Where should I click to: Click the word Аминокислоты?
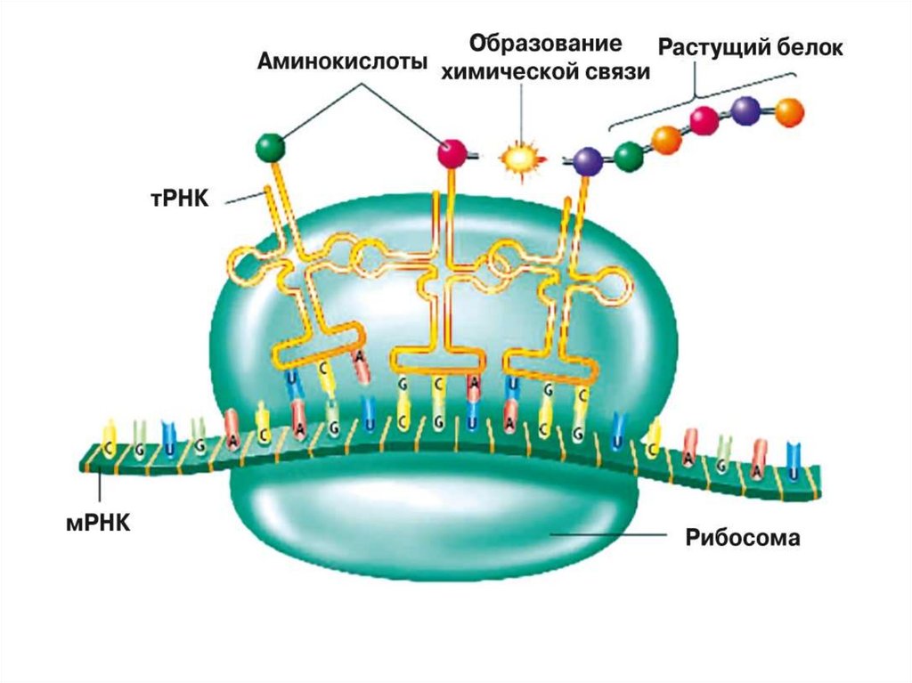point(342,62)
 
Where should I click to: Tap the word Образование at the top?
point(545,44)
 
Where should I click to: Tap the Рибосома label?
point(743,537)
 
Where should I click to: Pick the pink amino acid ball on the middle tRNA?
point(452,152)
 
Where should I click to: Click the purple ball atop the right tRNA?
point(587,160)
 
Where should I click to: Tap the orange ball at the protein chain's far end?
point(789,112)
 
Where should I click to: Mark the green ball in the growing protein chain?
point(629,156)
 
